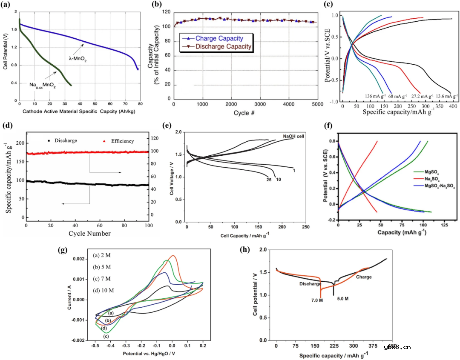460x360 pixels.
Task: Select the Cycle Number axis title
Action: pyautogui.click(x=88, y=233)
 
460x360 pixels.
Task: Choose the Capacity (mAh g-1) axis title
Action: pyautogui.click(x=402, y=233)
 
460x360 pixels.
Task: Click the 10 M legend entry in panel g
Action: pyautogui.click(x=104, y=290)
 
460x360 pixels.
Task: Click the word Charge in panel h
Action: pyautogui.click(x=363, y=277)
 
